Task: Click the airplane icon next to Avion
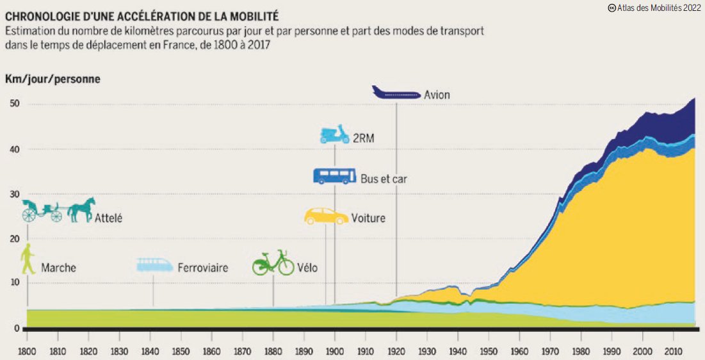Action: [396, 93]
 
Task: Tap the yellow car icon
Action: [327, 217]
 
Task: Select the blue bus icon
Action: [334, 176]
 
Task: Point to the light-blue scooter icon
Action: [334, 135]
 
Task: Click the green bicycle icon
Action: [273, 263]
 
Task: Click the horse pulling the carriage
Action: [80, 209]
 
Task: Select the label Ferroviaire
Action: [202, 268]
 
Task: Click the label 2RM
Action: [363, 137]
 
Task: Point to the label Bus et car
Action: [384, 179]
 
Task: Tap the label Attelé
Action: [108, 218]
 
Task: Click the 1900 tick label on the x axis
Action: [335, 352]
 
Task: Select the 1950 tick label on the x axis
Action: [489, 352]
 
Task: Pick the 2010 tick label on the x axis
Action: [673, 352]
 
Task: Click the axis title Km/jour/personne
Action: [53, 79]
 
